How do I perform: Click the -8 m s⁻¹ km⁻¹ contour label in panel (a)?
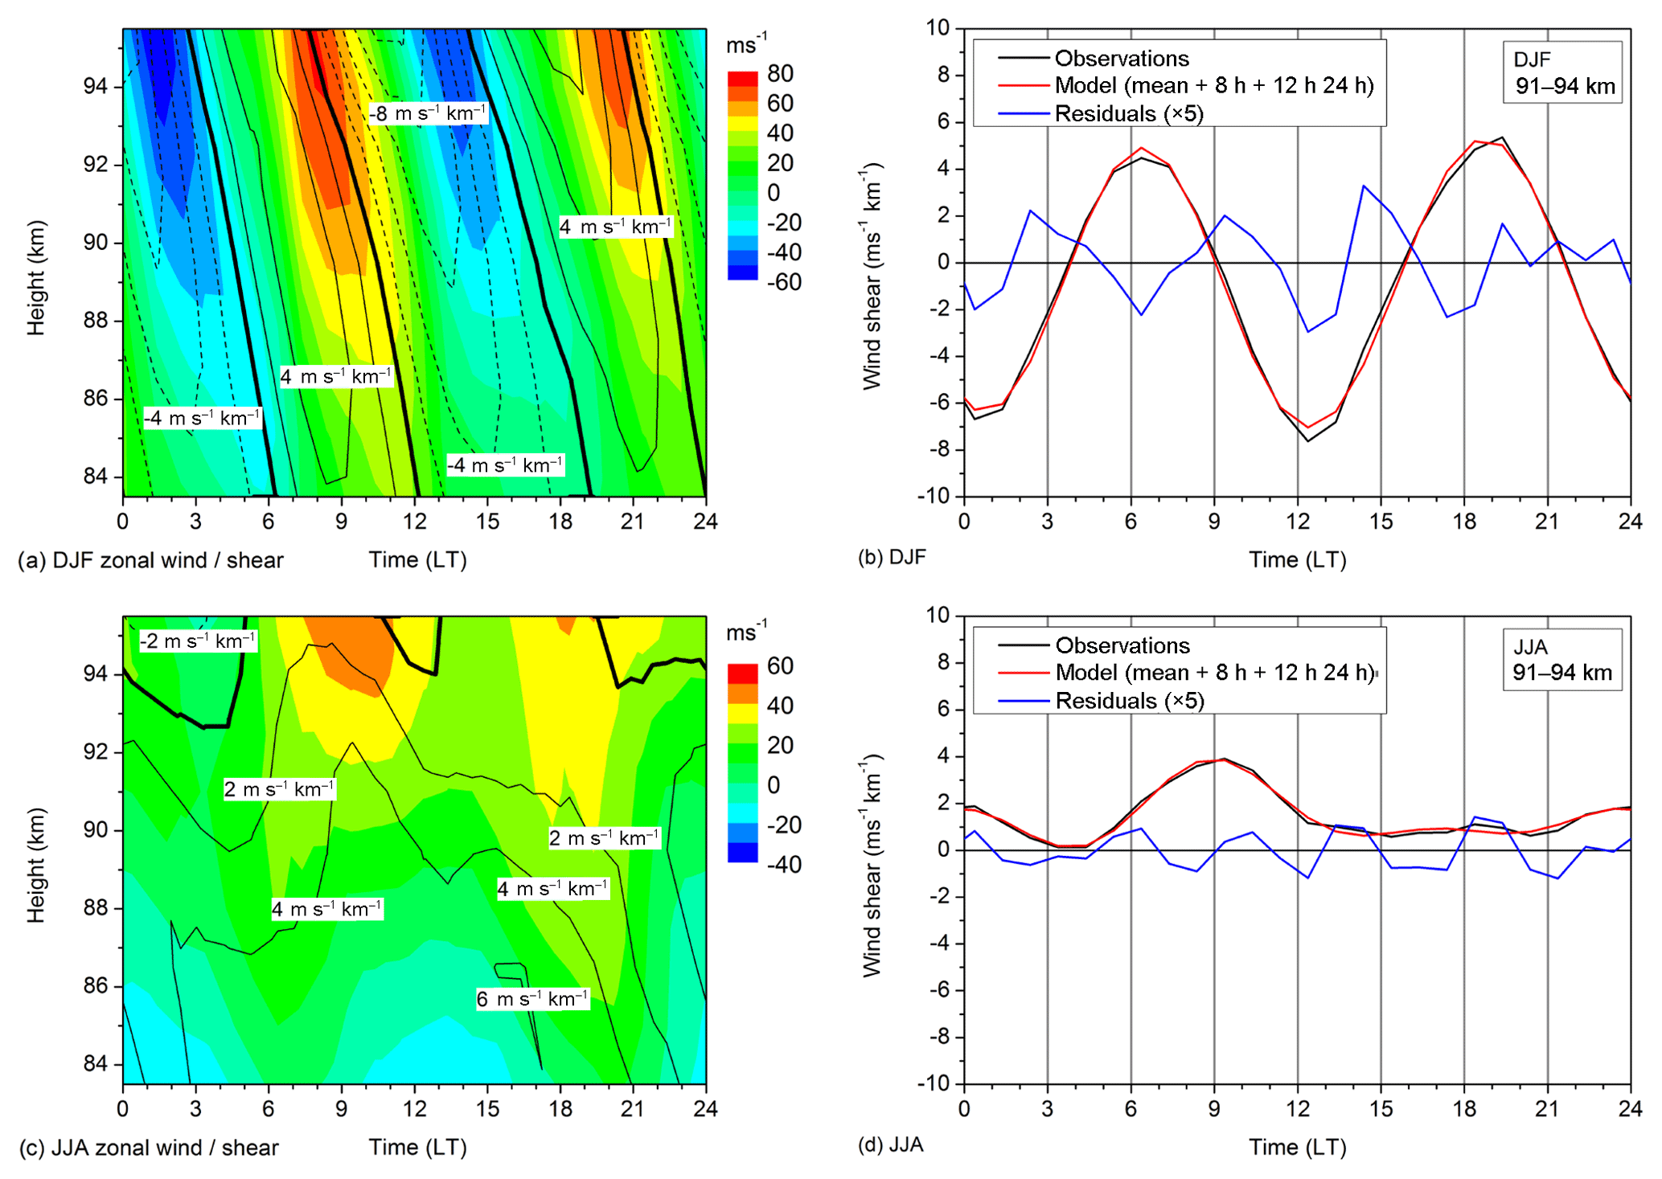(428, 113)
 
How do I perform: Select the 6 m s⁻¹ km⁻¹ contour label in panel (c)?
(532, 999)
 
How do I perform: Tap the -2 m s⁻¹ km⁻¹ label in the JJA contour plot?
(198, 641)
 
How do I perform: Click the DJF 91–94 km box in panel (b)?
(1562, 72)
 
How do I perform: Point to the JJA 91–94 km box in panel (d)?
(1562, 660)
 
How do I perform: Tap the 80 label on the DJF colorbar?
(780, 74)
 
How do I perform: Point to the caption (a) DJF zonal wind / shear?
(151, 560)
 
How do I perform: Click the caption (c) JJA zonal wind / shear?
(149, 1148)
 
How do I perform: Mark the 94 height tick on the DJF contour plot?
(96, 87)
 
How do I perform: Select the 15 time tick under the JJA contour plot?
(487, 1109)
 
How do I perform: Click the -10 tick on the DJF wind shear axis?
(934, 496)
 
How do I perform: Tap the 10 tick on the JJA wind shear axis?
(938, 616)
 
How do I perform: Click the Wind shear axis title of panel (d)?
(872, 865)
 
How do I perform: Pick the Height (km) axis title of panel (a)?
(36, 277)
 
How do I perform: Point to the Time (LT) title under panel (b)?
(1297, 560)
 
